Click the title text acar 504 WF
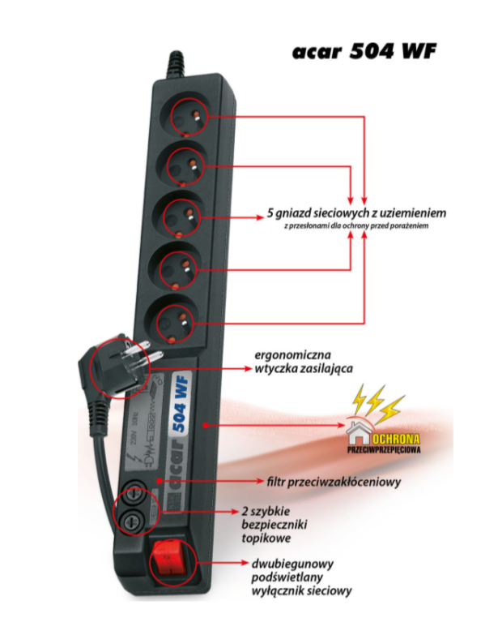pyautogui.click(x=365, y=52)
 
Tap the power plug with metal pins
pyautogui.click(x=121, y=367)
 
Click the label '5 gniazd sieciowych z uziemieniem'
pyautogui.click(x=356, y=212)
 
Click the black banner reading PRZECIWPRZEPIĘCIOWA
pyautogui.click(x=391, y=446)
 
